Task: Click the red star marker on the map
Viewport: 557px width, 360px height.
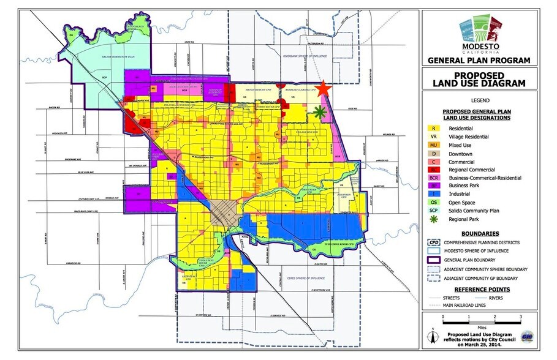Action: coord(324,89)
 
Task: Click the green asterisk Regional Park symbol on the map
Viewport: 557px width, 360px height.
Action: coord(319,111)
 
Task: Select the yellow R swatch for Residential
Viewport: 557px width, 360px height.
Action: coord(434,128)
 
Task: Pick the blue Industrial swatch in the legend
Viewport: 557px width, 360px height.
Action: coord(434,193)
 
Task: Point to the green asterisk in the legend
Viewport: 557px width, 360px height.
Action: coord(434,218)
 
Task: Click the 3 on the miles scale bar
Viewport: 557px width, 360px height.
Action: coord(520,317)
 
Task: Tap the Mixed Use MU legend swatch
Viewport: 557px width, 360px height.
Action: coord(434,144)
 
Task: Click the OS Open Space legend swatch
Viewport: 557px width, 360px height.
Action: coord(434,201)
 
